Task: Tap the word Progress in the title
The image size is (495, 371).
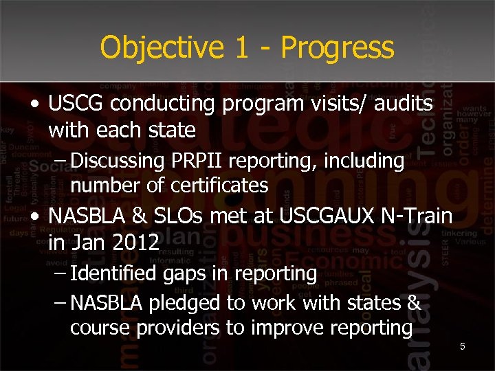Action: pos(338,48)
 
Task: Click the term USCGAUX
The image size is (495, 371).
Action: pos(336,217)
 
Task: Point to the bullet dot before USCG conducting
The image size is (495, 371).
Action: pos(34,104)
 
